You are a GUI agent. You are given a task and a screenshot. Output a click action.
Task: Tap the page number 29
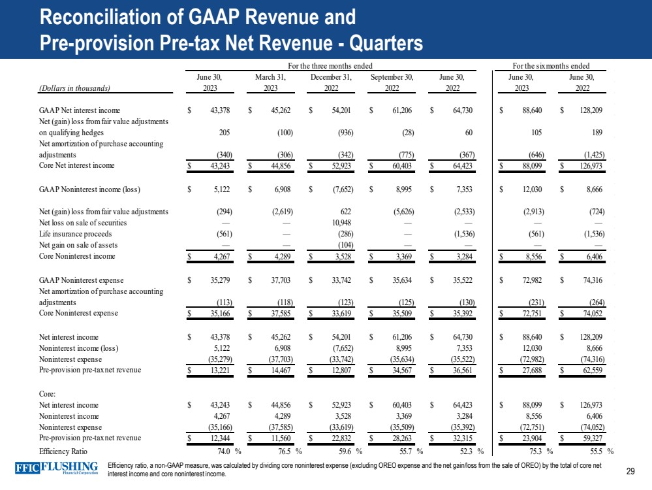point(630,471)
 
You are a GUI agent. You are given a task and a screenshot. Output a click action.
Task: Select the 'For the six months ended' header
point(551,65)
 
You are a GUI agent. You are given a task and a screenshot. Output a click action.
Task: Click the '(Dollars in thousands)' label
point(74,88)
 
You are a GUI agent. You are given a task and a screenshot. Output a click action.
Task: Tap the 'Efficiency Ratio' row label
point(63,451)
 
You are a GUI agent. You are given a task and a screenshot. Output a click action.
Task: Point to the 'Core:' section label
point(48,393)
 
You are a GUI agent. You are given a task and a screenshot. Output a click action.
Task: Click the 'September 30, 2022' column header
point(392,82)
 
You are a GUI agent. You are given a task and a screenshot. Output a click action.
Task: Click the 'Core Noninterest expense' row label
point(79,313)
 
